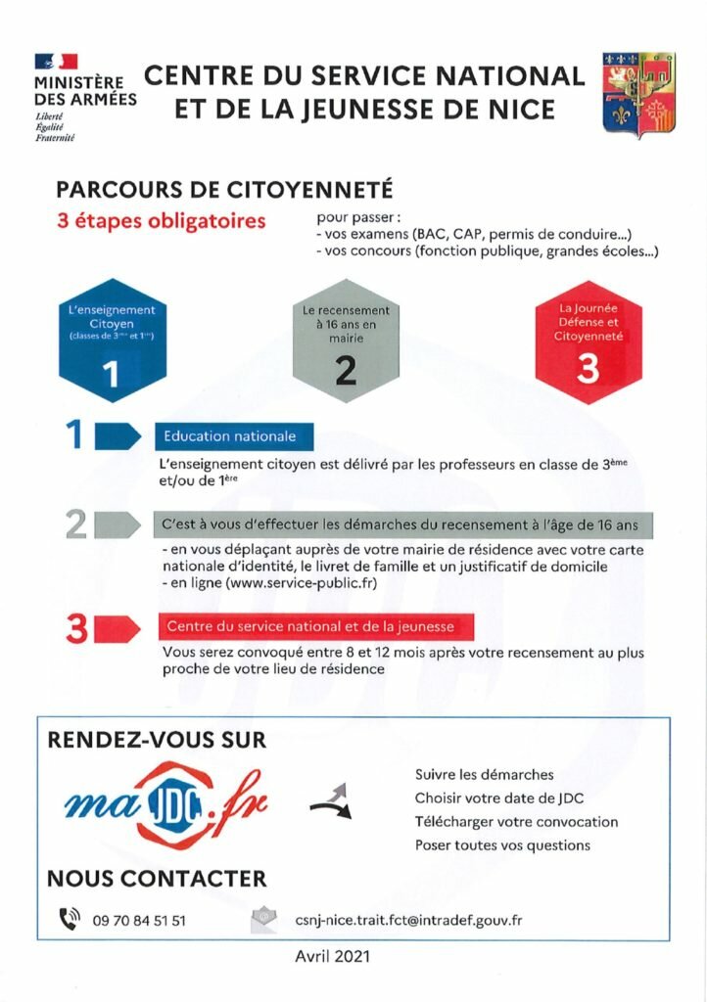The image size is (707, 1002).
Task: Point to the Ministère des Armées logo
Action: click(84, 96)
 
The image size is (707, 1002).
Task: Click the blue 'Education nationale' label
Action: click(225, 436)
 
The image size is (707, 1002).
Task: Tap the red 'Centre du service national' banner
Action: click(305, 625)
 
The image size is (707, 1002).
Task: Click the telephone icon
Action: click(69, 919)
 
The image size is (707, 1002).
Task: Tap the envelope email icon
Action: click(261, 919)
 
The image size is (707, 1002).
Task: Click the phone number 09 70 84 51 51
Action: click(139, 920)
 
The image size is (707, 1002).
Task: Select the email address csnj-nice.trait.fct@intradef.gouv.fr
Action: click(408, 920)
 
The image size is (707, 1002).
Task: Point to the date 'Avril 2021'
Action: click(333, 956)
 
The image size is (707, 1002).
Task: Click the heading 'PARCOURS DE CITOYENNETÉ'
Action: click(224, 189)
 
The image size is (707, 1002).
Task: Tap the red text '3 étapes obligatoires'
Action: click(161, 220)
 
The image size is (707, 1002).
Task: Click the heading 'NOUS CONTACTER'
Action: click(157, 879)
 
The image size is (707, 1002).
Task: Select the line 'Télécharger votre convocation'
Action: click(516, 822)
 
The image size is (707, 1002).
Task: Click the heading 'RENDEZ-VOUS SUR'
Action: click(157, 740)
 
